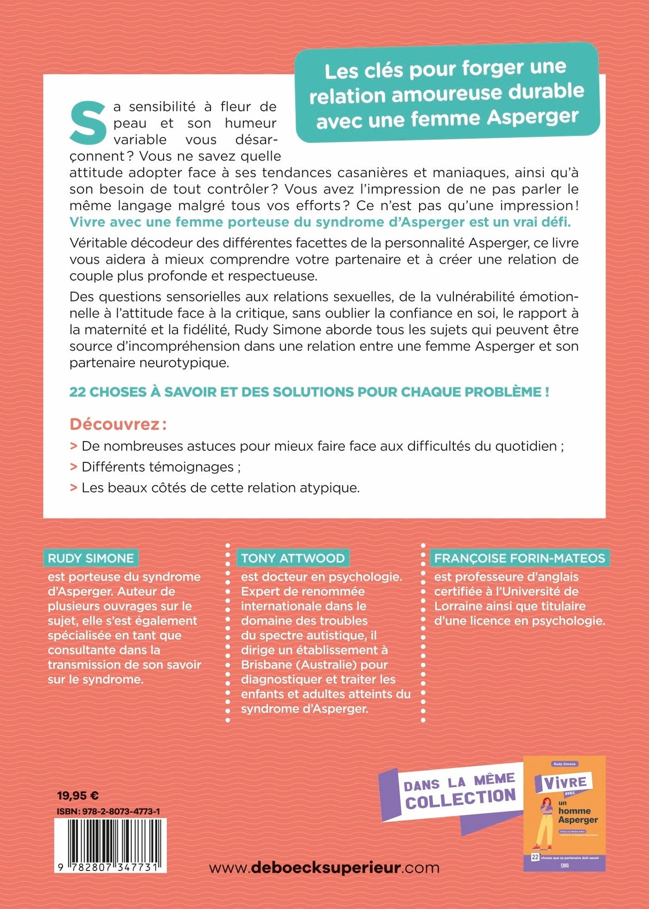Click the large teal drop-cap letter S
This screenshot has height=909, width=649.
pos(89,122)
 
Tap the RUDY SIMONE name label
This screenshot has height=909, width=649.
pos(91,558)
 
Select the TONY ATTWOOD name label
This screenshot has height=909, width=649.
pos(292,558)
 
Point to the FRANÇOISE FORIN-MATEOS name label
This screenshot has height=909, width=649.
pos(519,558)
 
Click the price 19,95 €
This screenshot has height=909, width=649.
pos(78,796)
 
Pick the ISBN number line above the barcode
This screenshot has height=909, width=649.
pos(108,811)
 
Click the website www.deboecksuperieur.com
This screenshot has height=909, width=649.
pos(324,867)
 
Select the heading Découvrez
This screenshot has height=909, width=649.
pos(114,425)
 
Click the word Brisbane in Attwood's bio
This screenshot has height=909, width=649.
pos(265,665)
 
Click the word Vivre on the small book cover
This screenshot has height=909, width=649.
pos(565,783)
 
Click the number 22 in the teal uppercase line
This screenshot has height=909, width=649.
pos(78,392)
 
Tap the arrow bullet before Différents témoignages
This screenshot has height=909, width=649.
pos(74,467)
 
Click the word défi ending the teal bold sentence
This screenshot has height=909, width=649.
pos(558,222)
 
